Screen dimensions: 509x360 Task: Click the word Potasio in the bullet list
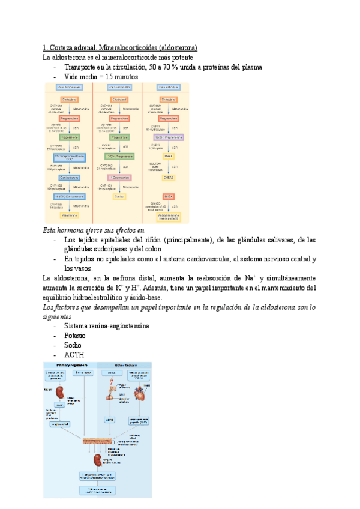(74, 336)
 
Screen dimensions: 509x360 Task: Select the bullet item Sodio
(73, 345)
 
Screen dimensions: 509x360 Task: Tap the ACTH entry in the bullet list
(73, 355)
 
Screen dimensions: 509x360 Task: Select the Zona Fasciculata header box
(118, 88)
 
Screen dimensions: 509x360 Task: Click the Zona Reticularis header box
(168, 88)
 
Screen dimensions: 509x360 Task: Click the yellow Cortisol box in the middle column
(118, 196)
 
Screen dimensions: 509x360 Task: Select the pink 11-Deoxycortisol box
(118, 178)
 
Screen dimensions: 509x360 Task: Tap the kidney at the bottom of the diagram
(97, 462)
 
